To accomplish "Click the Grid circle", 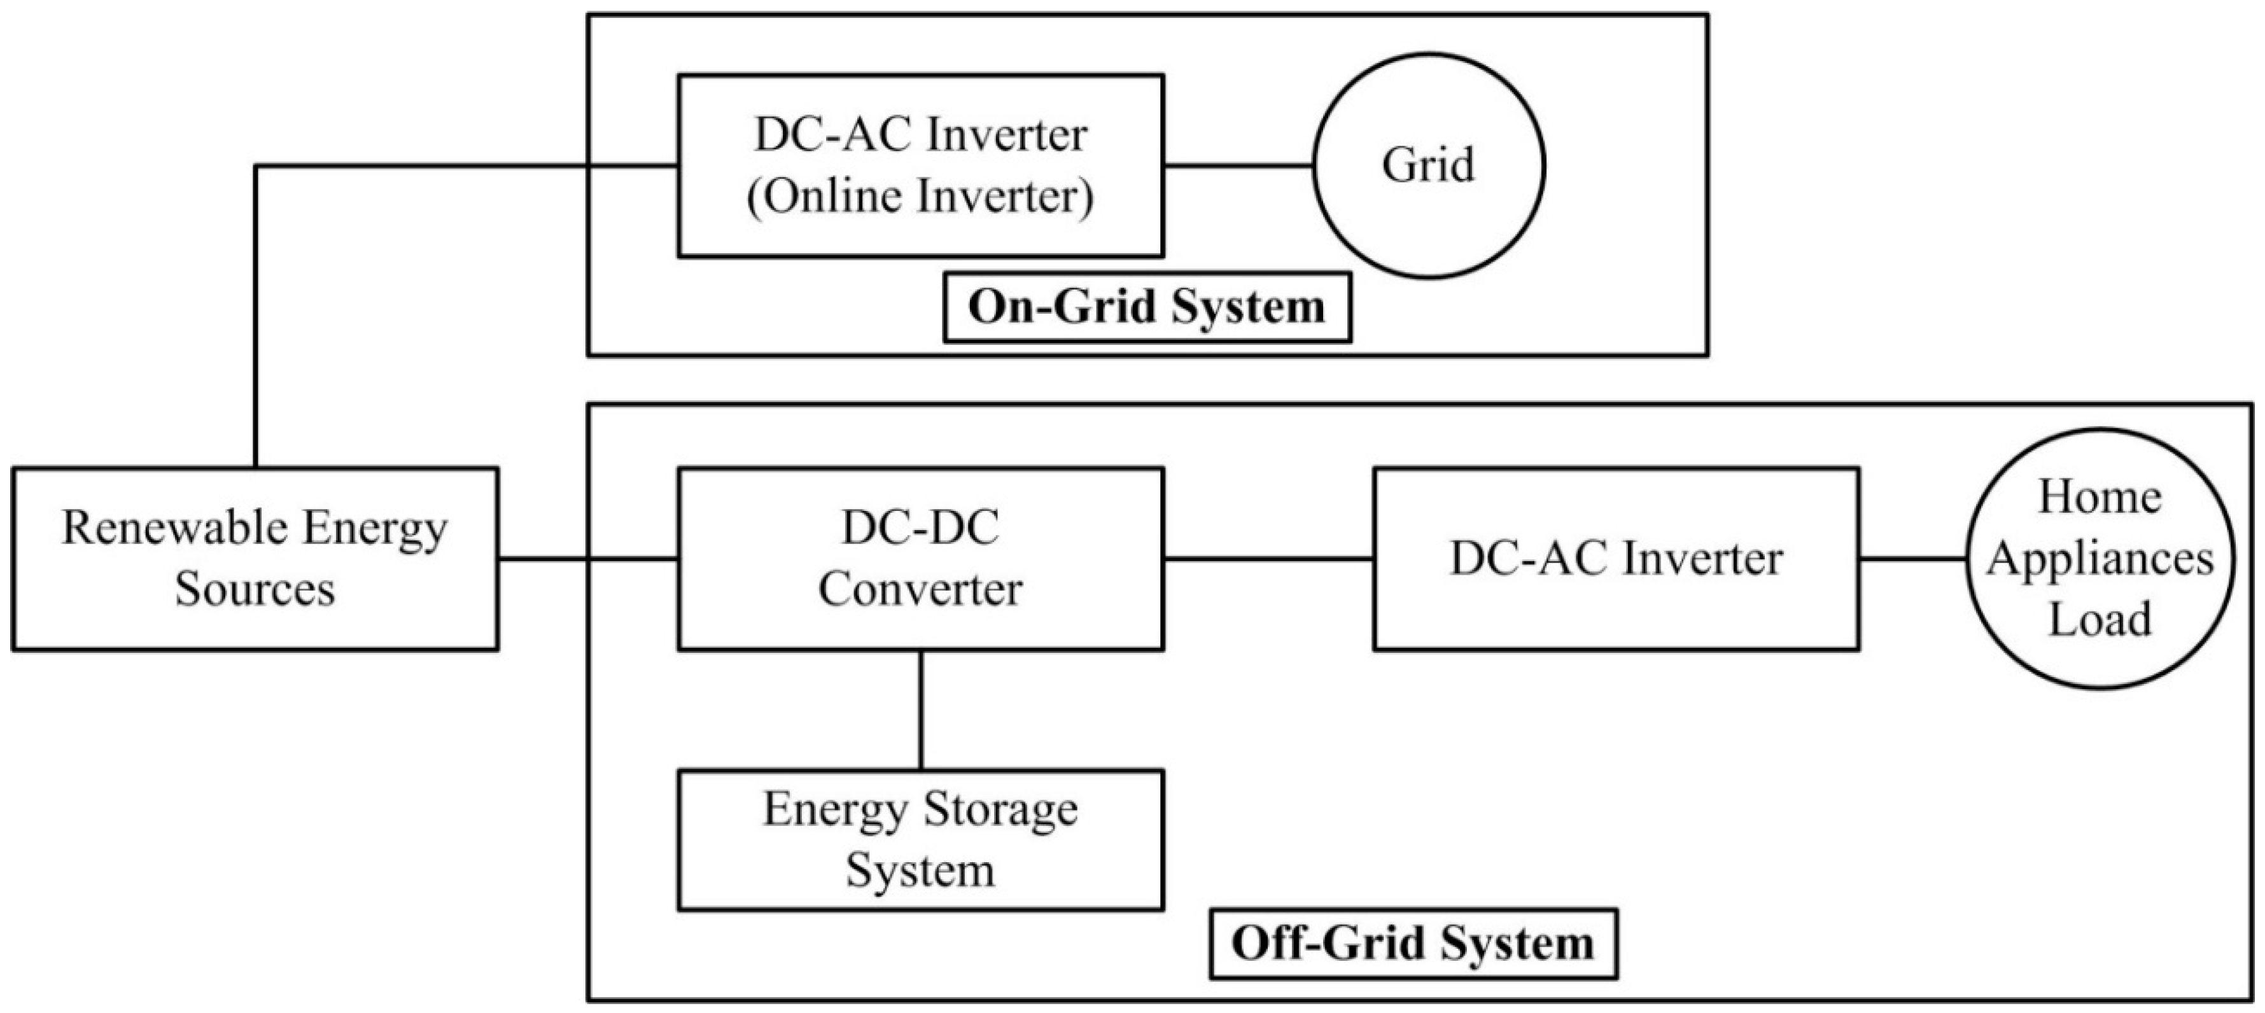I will [1428, 165].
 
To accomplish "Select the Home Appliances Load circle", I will [2100, 559].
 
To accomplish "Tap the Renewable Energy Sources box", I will [255, 559].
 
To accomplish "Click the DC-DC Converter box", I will [921, 559].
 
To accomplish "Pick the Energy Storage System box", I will [921, 840].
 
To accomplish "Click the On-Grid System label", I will [1147, 307].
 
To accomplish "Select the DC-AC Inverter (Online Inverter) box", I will [921, 165].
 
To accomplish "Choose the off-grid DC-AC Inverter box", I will [1616, 559].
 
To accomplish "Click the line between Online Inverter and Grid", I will [1238, 165].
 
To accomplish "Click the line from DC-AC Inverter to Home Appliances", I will [1912, 559].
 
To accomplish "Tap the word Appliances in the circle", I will [2100, 559].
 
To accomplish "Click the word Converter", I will [921, 589].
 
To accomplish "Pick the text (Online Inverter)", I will [921, 196].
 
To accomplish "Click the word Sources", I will [255, 589].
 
